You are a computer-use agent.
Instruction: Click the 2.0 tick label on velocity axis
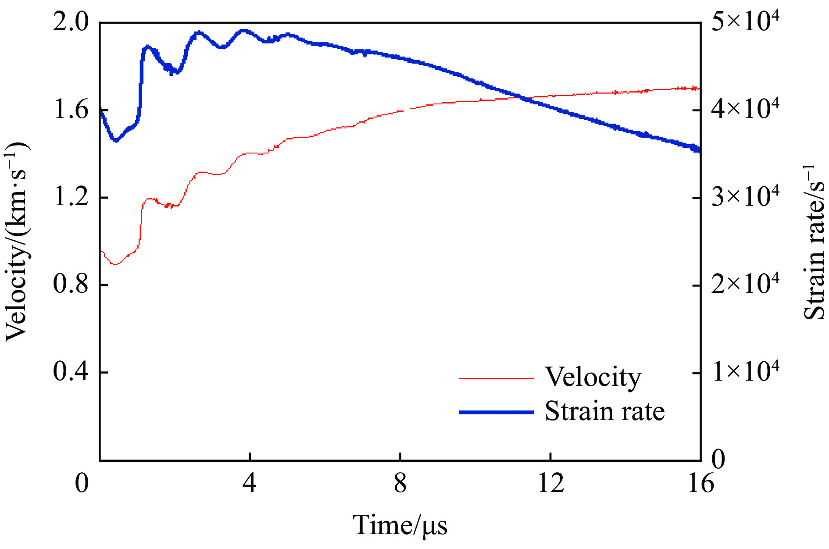(70, 22)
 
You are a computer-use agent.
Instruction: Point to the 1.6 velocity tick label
(70, 110)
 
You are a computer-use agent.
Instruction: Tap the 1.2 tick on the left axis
(70, 197)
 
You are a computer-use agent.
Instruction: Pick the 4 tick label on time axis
(250, 484)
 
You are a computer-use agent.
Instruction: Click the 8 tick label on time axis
(400, 484)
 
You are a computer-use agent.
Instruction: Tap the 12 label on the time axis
(550, 484)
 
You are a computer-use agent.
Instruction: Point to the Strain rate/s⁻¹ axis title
(814, 241)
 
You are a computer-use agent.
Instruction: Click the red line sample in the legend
(496, 378)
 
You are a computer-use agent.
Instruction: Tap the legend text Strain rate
(604, 411)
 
